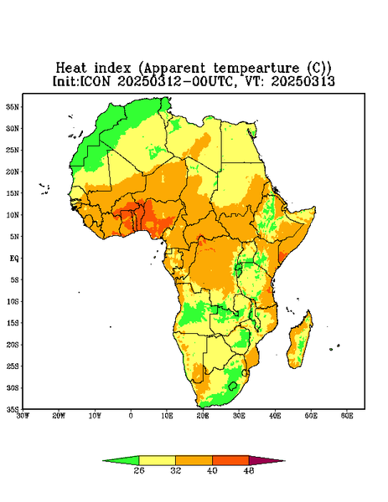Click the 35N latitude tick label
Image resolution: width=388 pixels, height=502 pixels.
(13, 107)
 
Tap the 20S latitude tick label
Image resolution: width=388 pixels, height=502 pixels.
(13, 345)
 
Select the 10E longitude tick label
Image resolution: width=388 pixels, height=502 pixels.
(167, 416)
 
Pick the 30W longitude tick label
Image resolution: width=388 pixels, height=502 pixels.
(23, 416)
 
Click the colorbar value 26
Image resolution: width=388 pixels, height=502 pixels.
(139, 470)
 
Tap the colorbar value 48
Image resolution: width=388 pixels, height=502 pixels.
(249, 470)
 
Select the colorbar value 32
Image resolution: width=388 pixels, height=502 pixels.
(176, 470)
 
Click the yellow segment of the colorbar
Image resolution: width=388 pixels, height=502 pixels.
(157, 460)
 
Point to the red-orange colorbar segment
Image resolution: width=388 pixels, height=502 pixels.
(230, 460)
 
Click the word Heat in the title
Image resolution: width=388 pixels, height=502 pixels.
(71, 69)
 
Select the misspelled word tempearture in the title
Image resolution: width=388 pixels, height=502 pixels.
(256, 69)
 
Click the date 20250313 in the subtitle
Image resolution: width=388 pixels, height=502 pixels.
(303, 81)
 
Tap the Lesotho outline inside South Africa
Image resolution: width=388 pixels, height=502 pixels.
(233, 386)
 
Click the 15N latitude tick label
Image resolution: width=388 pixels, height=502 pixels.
(13, 193)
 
